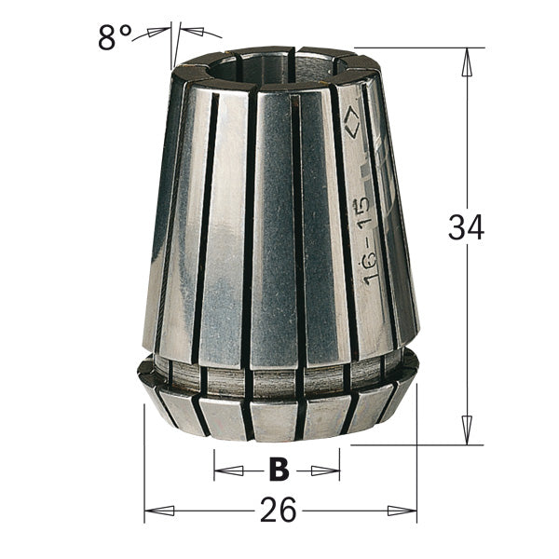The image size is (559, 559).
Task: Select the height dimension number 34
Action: pos(465,227)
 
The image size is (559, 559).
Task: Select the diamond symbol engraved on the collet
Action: pos(351,118)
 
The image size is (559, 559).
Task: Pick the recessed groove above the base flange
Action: pos(279,375)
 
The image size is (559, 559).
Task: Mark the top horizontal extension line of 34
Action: pos(419,48)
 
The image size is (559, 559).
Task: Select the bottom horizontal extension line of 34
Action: pos(419,444)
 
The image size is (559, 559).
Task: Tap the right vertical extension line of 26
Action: pos(416,466)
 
